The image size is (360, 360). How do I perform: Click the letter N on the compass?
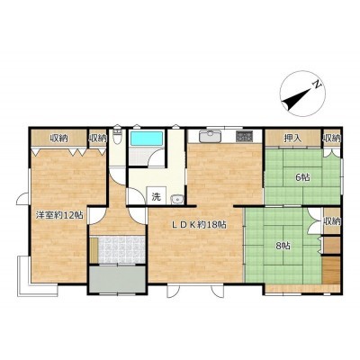click(x=317, y=85)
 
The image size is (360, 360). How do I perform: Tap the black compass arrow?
click(x=297, y=99)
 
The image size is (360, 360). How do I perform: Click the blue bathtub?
click(x=147, y=139)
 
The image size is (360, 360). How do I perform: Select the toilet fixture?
click(x=117, y=137)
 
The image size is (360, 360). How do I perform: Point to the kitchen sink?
click(x=211, y=137)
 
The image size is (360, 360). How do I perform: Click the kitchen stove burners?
click(x=245, y=137)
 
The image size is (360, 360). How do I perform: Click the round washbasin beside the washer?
click(x=176, y=199)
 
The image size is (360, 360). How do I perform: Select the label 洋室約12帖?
click(x=59, y=215)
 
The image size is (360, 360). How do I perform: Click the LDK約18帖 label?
click(x=199, y=224)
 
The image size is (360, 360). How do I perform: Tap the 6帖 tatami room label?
click(x=303, y=177)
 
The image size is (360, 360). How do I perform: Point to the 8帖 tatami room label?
click(x=283, y=247)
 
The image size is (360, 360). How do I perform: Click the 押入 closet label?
click(x=292, y=139)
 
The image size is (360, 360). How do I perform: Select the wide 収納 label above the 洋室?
click(x=58, y=139)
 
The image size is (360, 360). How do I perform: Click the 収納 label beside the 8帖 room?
click(x=332, y=221)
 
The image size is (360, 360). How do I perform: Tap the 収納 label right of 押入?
click(x=332, y=139)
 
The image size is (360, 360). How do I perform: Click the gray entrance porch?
click(x=117, y=279)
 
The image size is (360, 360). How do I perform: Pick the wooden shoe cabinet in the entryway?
click(x=94, y=250)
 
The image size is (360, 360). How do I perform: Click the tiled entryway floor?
click(x=121, y=250)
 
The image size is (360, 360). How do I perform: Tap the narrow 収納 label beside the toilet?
click(x=97, y=139)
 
